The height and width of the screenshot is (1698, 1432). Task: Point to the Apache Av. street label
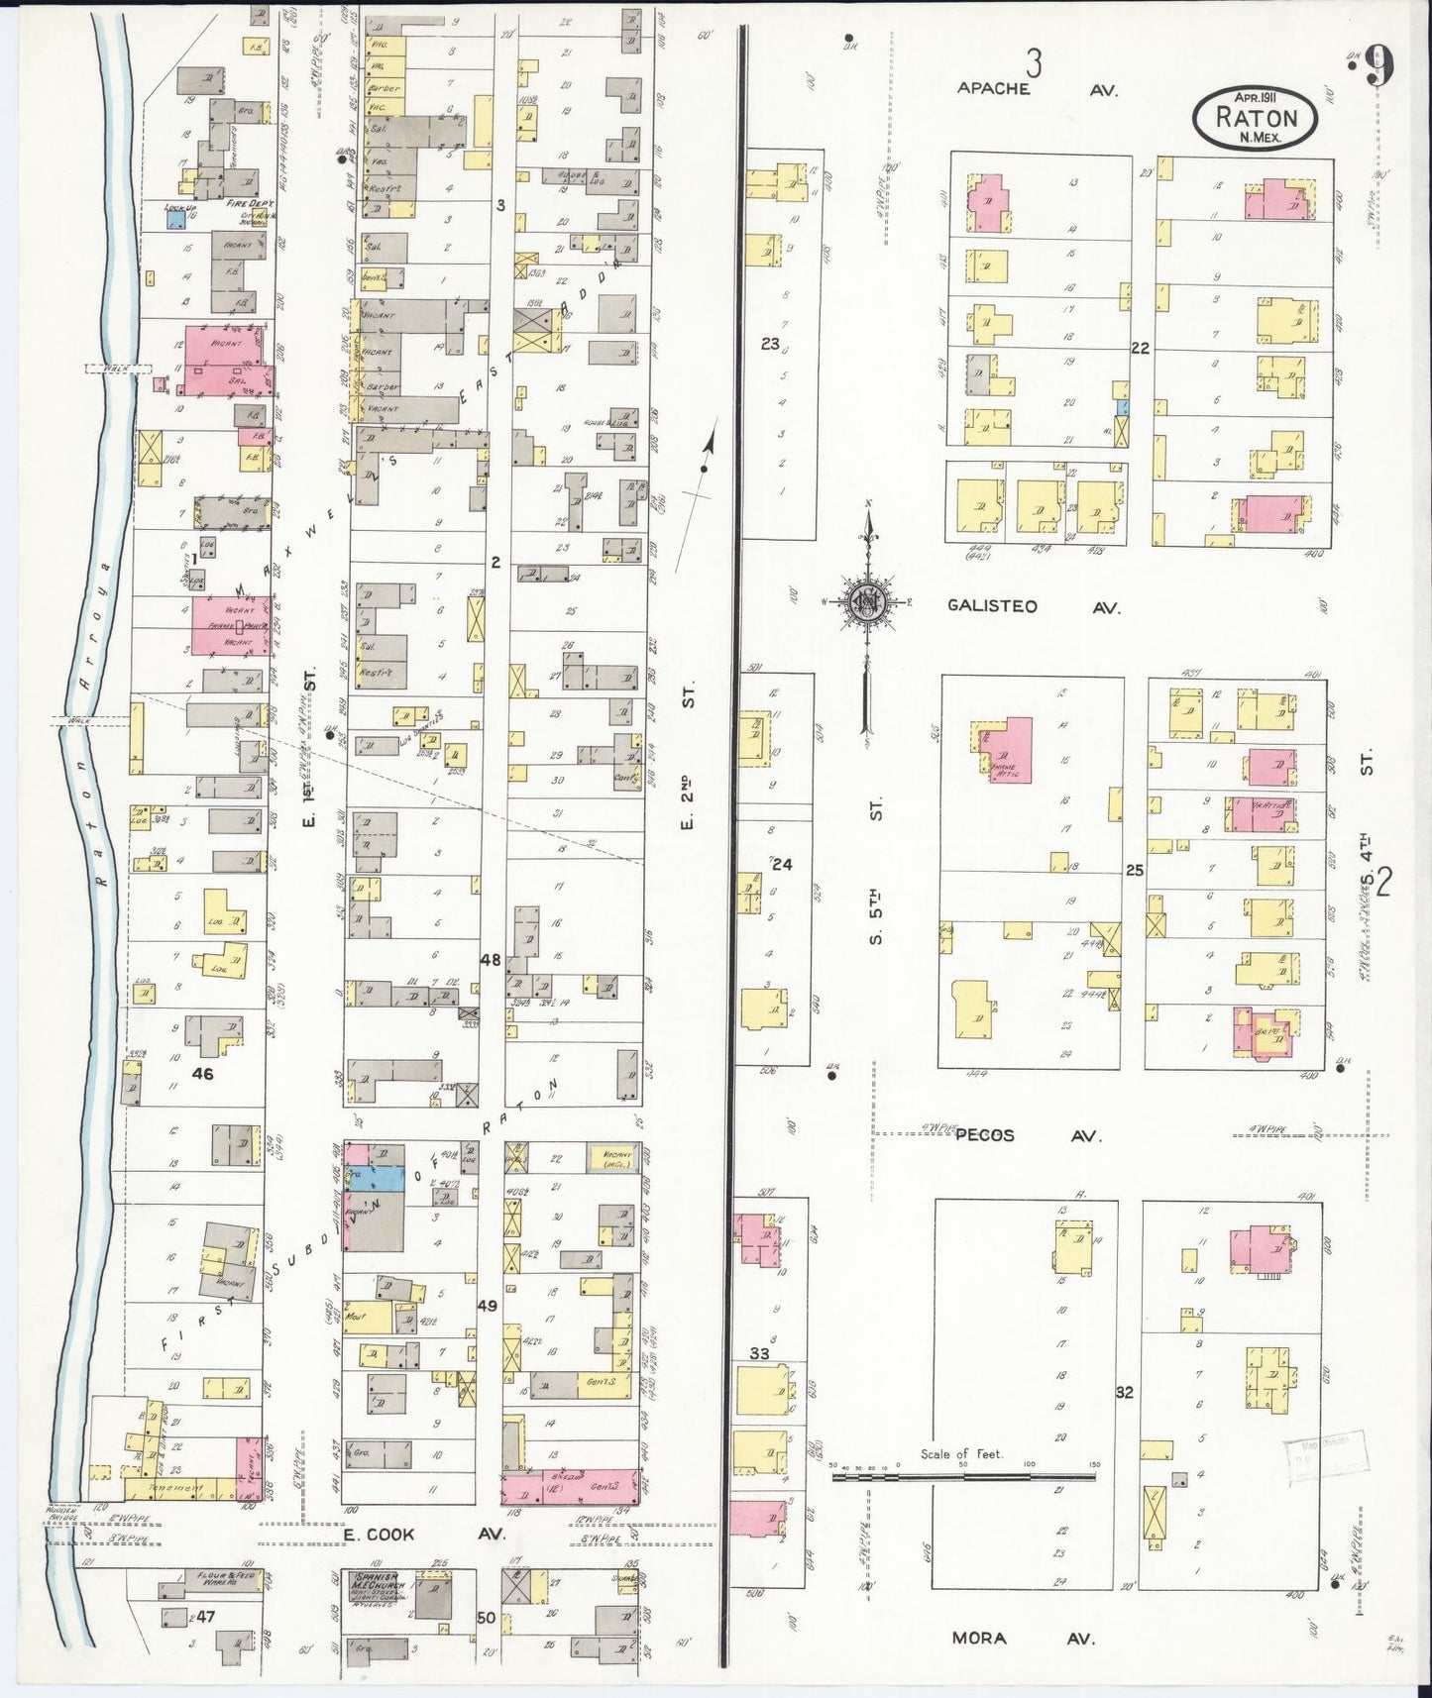click(1036, 89)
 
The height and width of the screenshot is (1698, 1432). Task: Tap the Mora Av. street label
click(1022, 1639)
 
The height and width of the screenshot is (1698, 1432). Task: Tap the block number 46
click(203, 1072)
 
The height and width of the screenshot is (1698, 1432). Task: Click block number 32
click(1124, 1392)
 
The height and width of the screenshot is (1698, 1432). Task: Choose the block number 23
click(770, 344)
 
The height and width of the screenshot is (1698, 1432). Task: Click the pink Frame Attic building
click(1005, 749)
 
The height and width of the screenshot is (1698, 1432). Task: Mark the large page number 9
click(1377, 67)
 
